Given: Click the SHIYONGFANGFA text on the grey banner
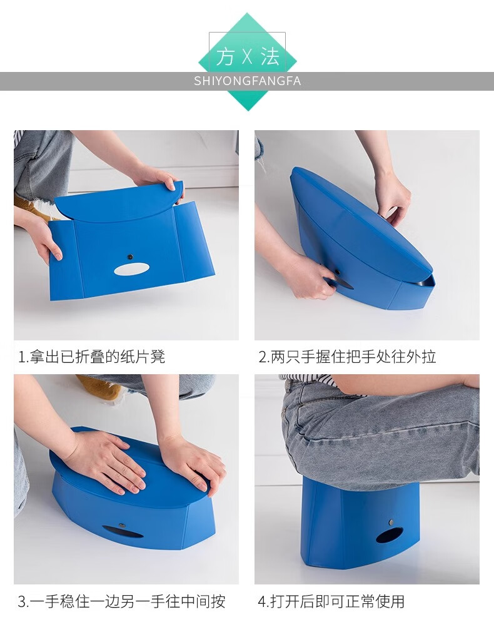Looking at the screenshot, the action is tap(247, 81).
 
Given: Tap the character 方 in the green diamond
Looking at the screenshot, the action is tap(226, 56).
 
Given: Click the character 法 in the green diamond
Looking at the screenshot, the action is tap(270, 56).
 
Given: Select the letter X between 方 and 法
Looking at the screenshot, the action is tap(248, 56).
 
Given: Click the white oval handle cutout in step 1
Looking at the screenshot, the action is tap(131, 270).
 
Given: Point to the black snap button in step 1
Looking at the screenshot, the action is tap(130, 257).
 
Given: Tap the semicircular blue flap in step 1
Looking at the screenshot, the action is tap(119, 203).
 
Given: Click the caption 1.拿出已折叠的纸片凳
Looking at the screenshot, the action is tap(91, 356).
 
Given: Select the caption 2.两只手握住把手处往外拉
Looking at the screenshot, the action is tap(347, 356).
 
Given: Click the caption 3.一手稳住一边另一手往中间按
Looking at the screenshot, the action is tap(121, 601).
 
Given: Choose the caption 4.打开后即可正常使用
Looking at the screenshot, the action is tap(331, 601).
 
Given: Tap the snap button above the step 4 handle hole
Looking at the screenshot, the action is tap(391, 522).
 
